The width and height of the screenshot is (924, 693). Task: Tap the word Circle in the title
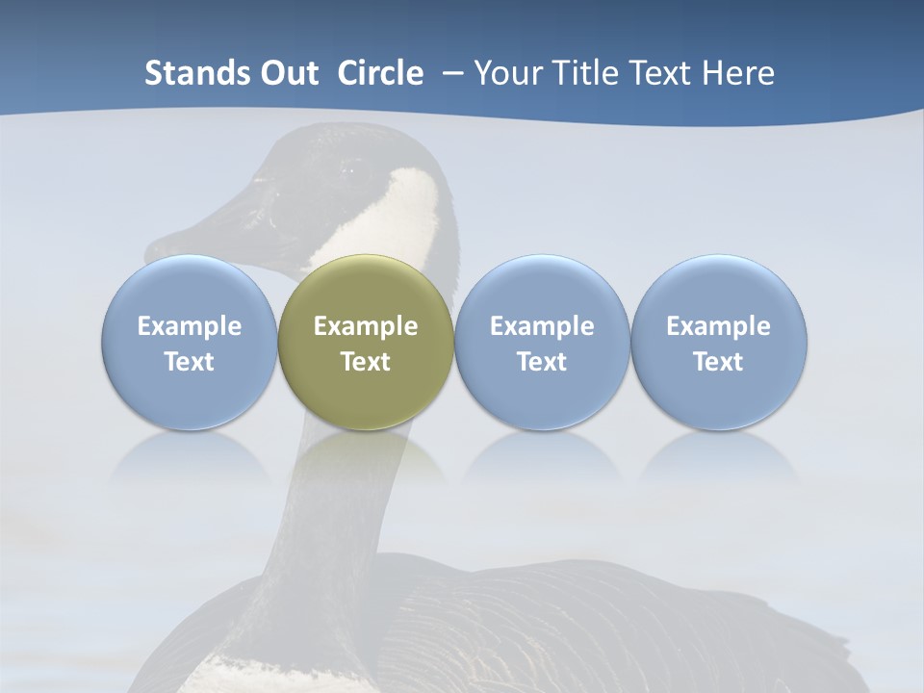380,73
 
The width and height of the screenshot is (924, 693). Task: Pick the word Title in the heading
581,73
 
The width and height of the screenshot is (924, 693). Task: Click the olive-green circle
366,342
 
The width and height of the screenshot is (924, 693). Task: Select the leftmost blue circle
189,342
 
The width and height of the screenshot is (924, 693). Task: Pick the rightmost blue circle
718,342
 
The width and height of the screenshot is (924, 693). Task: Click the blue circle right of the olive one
542,342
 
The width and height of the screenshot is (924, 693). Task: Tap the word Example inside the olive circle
366,326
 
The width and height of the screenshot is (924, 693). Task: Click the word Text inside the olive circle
366,362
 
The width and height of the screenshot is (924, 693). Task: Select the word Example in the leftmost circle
189,326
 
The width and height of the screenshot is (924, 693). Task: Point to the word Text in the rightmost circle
718,362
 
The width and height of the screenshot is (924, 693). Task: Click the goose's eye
346,171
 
